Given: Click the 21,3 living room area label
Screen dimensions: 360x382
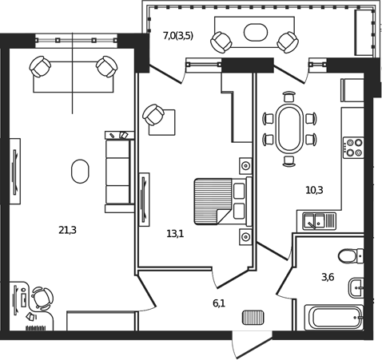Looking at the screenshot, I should point(67,231).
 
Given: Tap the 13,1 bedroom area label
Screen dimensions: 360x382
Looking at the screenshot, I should point(175,234).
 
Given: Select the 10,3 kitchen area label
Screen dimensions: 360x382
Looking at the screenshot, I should point(314,190).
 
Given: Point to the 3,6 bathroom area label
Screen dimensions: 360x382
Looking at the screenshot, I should point(328,277).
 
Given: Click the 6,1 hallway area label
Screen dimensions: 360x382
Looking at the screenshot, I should point(219,303).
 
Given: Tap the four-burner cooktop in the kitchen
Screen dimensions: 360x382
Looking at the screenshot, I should point(352,148).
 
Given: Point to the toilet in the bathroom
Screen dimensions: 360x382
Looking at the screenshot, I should point(350,256).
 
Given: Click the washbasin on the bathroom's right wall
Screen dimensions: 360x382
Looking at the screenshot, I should point(357,286).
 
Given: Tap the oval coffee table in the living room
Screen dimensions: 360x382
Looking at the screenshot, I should point(80,171).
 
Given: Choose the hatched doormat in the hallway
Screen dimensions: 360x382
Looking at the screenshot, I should point(253,318).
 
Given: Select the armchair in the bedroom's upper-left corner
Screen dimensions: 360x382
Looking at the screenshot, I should point(154,117).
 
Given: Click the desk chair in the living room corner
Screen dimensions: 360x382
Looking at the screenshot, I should point(41,298).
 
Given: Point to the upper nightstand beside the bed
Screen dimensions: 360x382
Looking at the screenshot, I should point(245,165).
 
